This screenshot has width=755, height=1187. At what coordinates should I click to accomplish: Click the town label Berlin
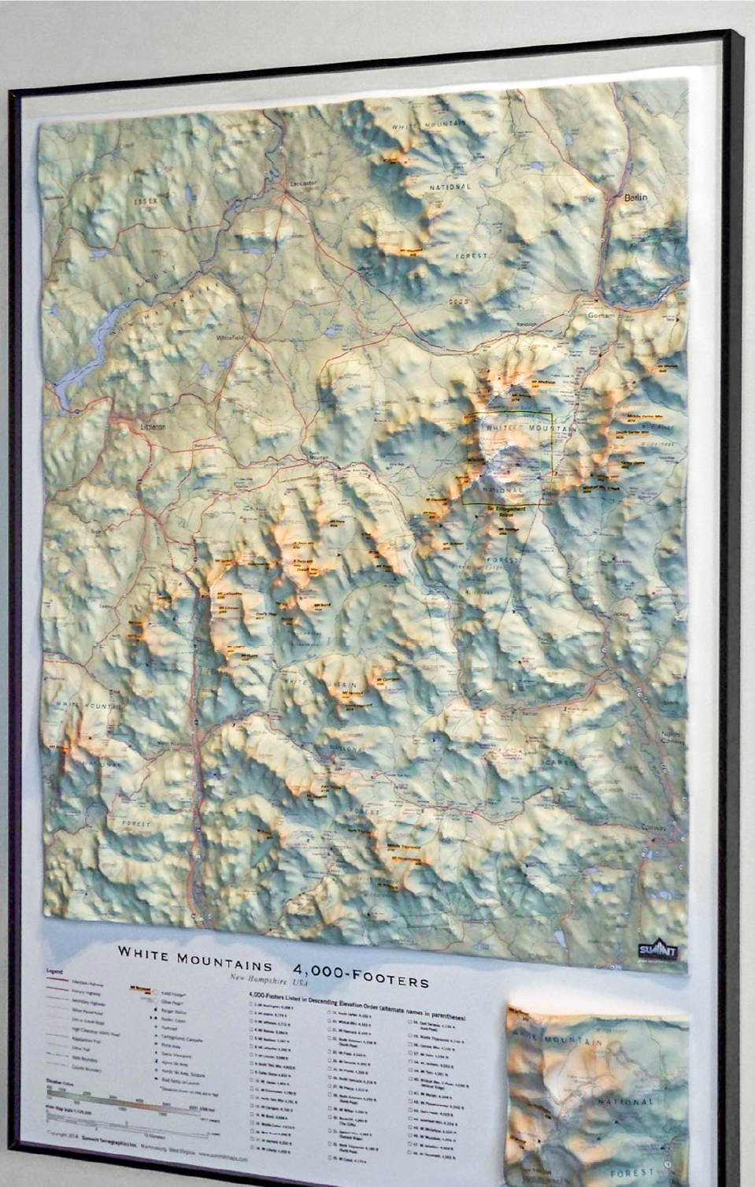pos(635,198)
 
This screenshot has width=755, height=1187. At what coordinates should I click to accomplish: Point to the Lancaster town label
pos(303,183)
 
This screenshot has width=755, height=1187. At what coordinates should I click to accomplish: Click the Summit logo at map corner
pos(657,951)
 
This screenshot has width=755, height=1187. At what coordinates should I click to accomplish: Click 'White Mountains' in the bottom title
pos(195,953)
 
